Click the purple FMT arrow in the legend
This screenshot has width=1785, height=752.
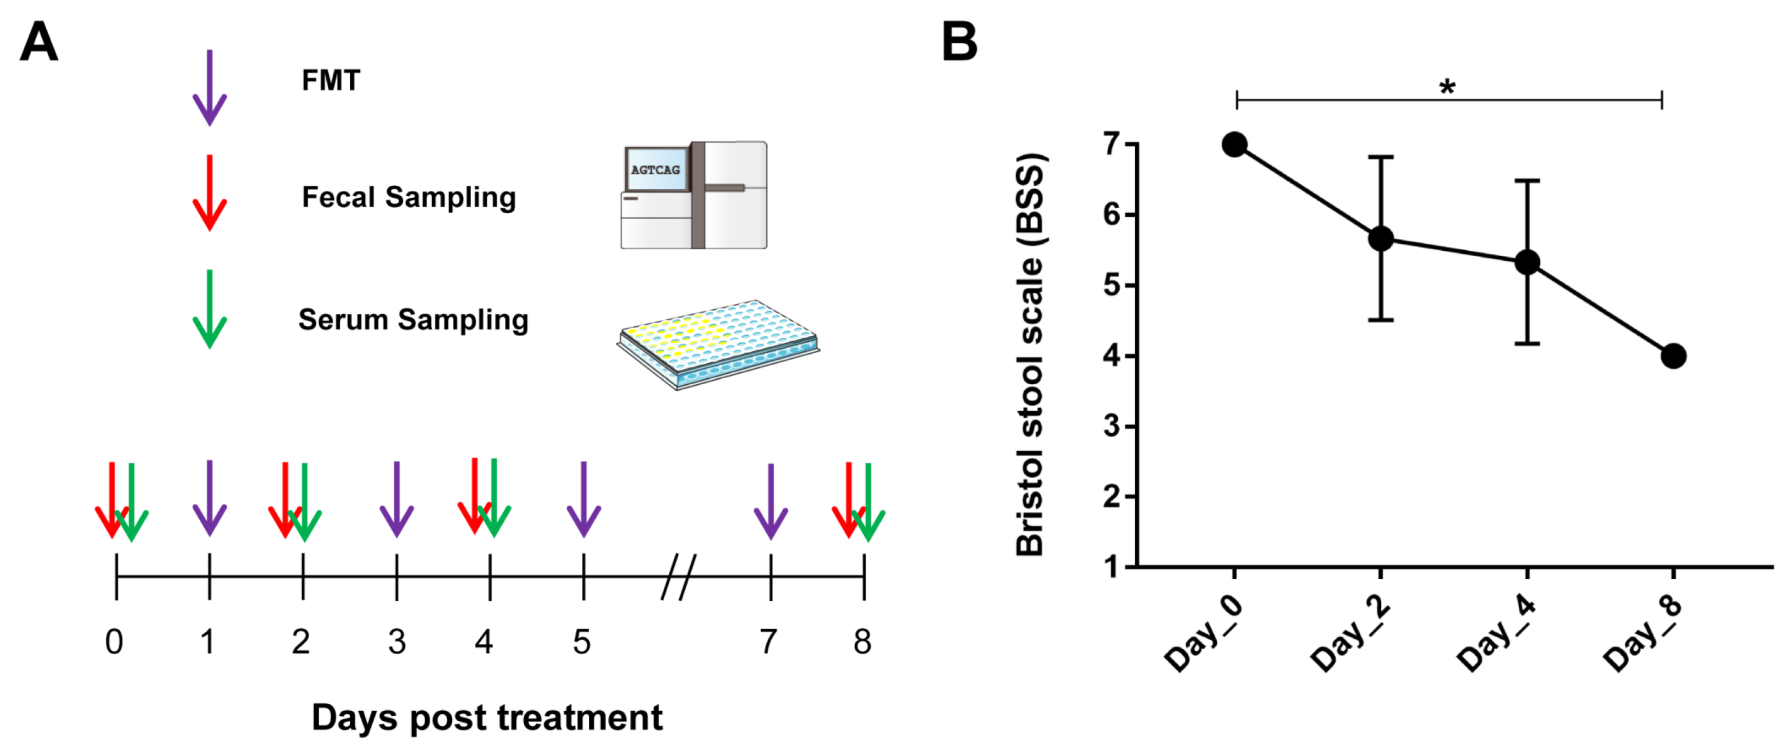tap(209, 88)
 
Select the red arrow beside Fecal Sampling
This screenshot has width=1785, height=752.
tap(209, 194)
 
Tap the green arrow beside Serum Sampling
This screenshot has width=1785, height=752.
tap(209, 310)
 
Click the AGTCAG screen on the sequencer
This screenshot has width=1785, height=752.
tap(655, 170)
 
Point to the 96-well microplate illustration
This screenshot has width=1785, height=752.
tap(718, 343)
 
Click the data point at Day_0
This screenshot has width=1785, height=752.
tap(1235, 145)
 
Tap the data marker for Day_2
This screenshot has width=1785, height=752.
tap(1381, 238)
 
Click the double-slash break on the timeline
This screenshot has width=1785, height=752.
tap(678, 577)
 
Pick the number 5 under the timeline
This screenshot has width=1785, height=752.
tap(582, 642)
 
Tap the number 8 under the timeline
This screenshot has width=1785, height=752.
tap(862, 642)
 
